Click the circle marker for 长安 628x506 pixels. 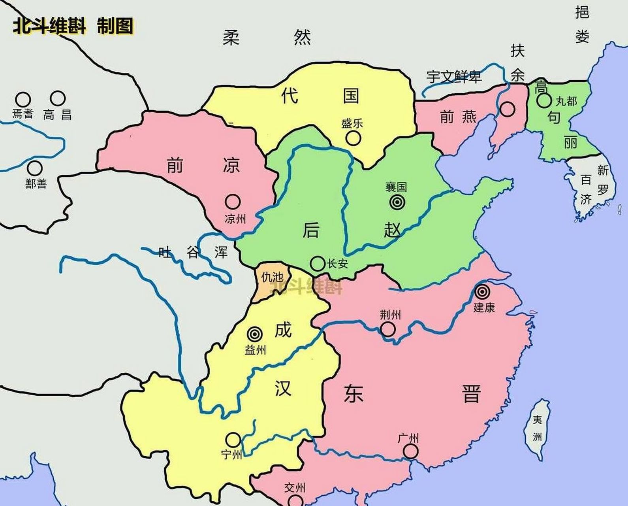317,263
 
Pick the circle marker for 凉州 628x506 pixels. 233,202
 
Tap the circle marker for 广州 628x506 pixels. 411,451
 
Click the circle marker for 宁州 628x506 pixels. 233,440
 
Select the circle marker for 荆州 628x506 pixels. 387,329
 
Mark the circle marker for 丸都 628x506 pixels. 544,100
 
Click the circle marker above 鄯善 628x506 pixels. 35,169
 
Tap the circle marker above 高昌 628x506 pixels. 58,98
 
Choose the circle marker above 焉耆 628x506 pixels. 23,99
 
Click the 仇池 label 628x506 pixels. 271,278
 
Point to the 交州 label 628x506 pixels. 295,489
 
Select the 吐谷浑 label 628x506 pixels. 193,252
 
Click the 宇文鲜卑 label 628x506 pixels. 454,76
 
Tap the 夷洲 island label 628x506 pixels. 537,428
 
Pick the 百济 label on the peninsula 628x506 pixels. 586,189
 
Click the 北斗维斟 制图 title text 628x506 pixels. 73,26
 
